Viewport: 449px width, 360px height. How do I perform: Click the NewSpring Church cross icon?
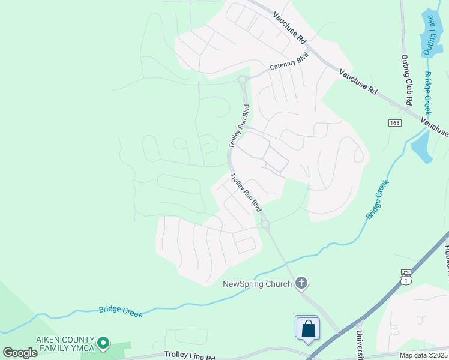point(301,283)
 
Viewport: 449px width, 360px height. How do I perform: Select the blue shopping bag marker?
point(308,329)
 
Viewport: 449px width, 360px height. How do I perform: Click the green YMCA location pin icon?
point(103,343)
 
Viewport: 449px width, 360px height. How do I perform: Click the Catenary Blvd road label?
point(288,62)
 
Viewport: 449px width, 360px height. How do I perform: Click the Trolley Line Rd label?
point(189,356)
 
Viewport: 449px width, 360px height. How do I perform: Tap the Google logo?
point(20,352)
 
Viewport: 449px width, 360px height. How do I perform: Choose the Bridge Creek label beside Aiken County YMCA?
point(121,311)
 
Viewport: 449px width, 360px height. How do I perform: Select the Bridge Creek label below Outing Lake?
point(428,94)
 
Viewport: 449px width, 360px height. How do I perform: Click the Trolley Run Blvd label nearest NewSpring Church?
point(247,193)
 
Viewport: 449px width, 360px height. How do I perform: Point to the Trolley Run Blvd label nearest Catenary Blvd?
point(238,127)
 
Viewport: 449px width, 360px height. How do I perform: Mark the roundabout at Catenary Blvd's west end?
point(243,80)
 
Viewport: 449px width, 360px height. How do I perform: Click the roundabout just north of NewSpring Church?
point(265,225)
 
